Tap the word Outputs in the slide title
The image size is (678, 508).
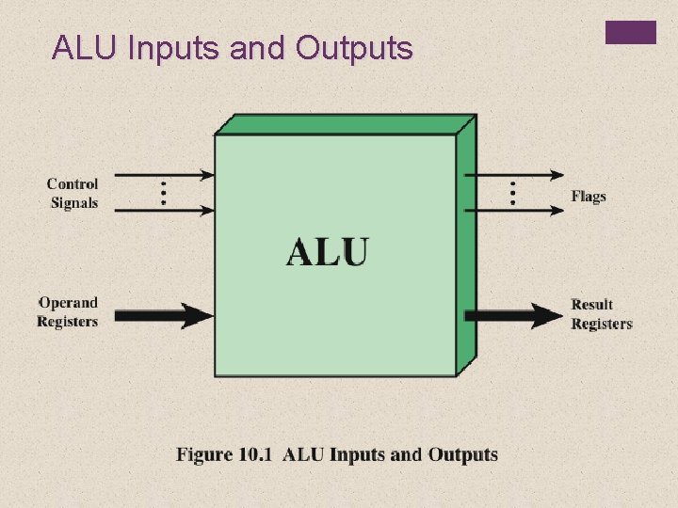click(353, 48)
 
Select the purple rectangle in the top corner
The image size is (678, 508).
click(630, 33)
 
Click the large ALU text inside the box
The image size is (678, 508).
click(328, 251)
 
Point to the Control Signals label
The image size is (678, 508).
click(73, 193)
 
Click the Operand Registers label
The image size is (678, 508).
click(68, 312)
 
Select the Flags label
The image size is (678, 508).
click(589, 197)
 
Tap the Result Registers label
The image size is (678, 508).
click(601, 314)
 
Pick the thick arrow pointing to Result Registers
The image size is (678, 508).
click(513, 315)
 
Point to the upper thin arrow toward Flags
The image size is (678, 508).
click(516, 174)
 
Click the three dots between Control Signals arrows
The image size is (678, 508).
click(163, 192)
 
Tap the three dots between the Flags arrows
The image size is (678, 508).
click(513, 192)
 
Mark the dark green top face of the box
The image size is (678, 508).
click(345, 125)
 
